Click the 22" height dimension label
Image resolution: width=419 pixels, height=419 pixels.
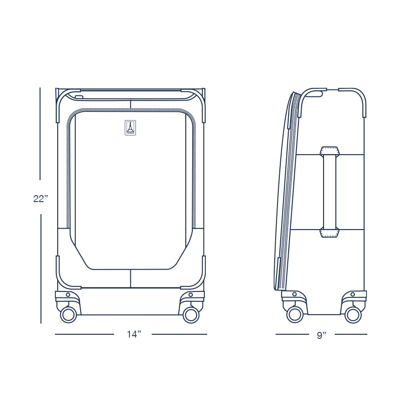(x=41, y=198)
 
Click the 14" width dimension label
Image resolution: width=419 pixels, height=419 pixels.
(x=133, y=334)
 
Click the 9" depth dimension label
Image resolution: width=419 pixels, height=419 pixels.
(x=321, y=335)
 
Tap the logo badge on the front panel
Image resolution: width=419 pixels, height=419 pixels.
(x=130, y=128)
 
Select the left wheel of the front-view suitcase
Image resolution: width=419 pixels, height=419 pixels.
(x=68, y=314)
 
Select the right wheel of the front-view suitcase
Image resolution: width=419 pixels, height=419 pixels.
(x=191, y=314)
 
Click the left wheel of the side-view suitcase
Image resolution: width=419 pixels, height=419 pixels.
(x=295, y=314)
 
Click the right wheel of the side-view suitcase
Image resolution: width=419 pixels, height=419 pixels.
(x=353, y=314)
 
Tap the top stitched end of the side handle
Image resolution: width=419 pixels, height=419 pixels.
(x=330, y=150)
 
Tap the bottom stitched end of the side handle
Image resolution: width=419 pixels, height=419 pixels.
(x=330, y=233)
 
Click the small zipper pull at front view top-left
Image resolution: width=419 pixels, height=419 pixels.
(x=78, y=97)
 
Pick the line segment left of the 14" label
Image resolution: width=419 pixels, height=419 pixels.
(x=84, y=334)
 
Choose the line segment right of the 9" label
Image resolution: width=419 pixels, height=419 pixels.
(x=351, y=334)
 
